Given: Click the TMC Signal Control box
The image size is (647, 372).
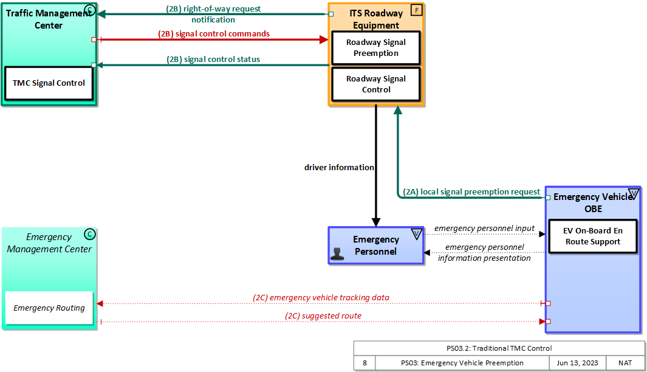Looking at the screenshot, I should pos(49,83).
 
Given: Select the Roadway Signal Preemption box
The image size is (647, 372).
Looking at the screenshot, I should pos(376,48).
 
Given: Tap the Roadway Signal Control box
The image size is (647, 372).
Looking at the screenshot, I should pos(376,84).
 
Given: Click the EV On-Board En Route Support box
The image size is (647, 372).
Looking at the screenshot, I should pos(592,236).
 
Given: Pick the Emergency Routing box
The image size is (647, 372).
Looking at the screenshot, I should pos(49,308).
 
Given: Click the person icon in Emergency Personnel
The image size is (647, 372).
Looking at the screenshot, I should pos(338,254).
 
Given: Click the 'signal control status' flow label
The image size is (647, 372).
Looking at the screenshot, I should pos(213,60).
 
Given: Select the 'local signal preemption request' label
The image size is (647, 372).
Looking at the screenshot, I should pos(471,192).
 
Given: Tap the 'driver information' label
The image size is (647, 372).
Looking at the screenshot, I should pos(339,167).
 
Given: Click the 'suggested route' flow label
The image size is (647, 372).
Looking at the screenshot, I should pos(323,316).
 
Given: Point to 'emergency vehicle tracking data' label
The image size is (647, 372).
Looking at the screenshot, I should pos(321,298).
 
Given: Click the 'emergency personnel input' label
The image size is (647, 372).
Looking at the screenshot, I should pos(484,228).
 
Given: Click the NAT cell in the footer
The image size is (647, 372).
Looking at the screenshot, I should pos(625,363).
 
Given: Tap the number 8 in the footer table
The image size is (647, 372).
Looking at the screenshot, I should pos(365,363).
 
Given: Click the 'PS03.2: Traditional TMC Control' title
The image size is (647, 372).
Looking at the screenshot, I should pos(499,348).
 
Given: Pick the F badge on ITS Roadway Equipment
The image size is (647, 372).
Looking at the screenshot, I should pos(416,10).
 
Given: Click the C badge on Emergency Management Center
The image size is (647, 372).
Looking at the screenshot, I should pos(89,234).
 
